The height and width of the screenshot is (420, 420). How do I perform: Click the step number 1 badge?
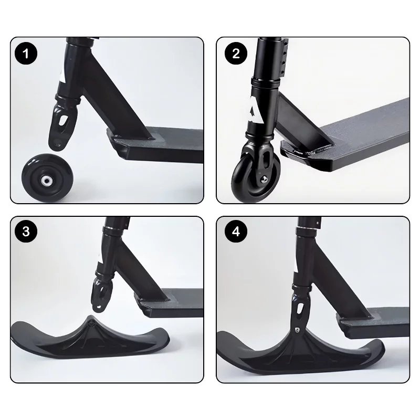tap(26, 54)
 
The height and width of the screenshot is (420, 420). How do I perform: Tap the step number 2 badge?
tap(236, 54)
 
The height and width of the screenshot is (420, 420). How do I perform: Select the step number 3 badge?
tap(26, 231)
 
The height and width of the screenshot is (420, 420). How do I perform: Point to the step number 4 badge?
tap(236, 231)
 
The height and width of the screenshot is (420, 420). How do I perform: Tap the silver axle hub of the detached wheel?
tap(47, 180)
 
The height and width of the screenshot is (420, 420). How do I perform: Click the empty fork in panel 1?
tap(63, 124)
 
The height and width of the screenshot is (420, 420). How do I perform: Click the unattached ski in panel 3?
tap(90, 338)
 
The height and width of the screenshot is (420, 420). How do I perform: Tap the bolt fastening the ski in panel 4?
tap(297, 330)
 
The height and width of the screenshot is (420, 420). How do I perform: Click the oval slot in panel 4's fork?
tap(300, 309)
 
